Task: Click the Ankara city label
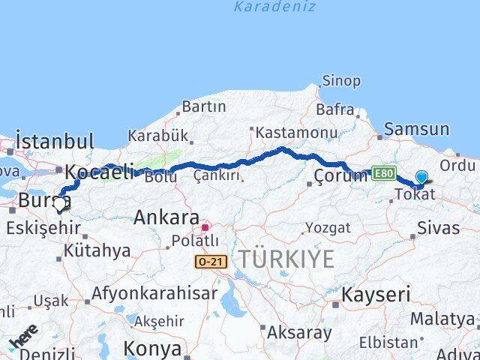pos(166,218)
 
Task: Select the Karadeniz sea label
pos(274,7)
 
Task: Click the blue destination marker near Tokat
pos(421,178)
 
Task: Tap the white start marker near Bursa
pos(59,203)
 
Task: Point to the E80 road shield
pos(382,173)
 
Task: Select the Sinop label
pos(341,81)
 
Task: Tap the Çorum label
pos(341,176)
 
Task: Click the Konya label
pos(151,349)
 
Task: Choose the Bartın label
pos(203,106)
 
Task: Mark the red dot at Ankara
pos(205,226)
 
